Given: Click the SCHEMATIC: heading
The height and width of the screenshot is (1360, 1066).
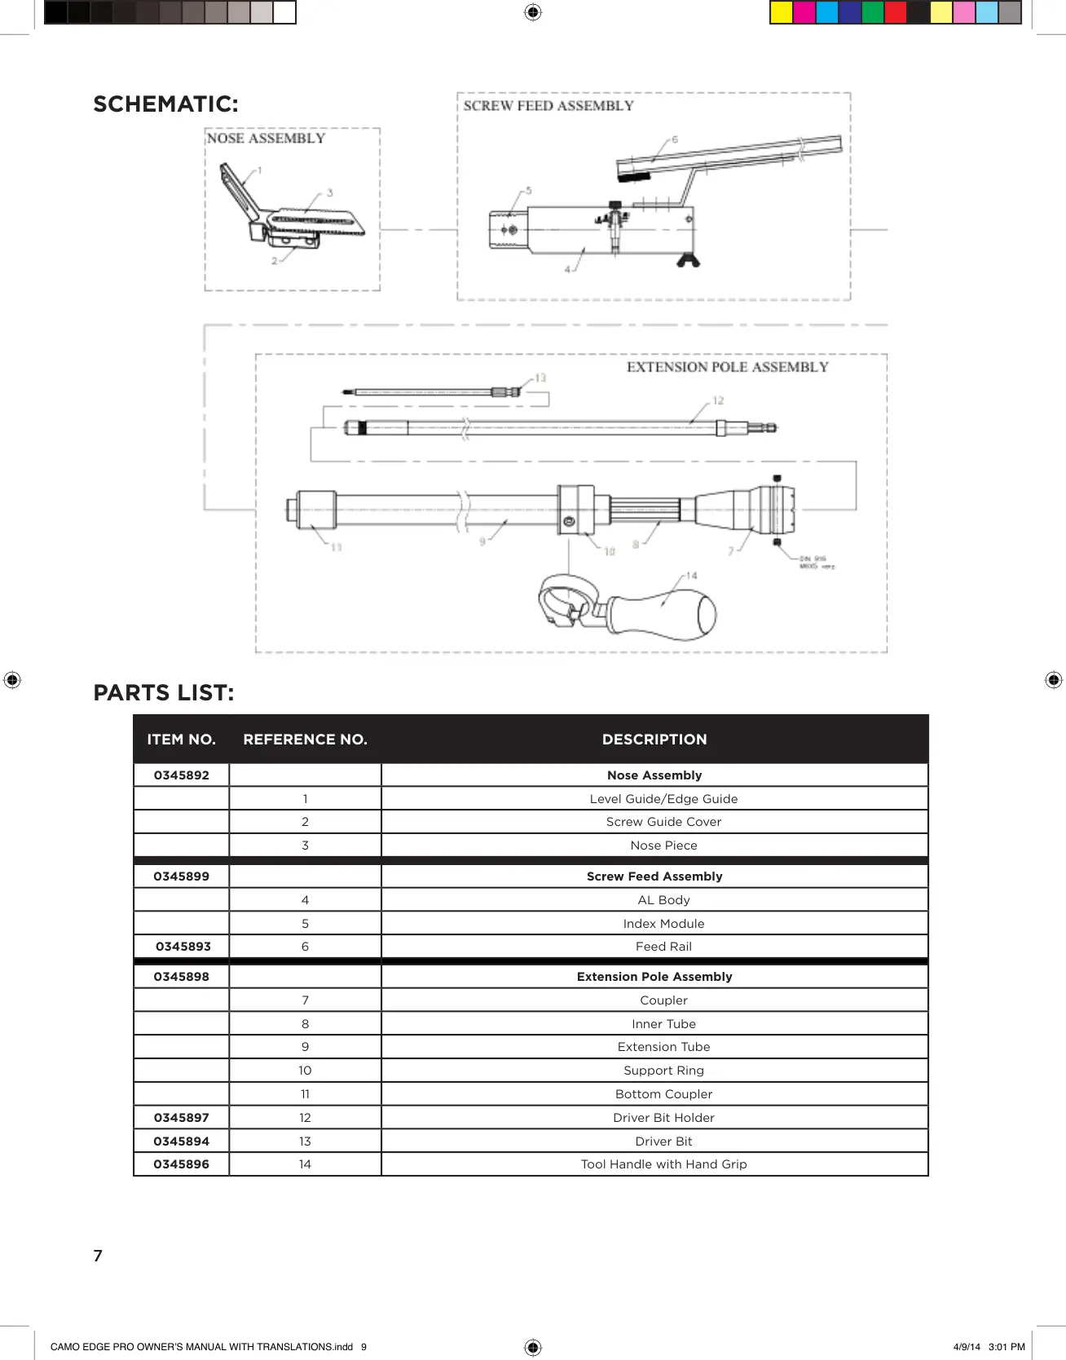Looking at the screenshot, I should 165,104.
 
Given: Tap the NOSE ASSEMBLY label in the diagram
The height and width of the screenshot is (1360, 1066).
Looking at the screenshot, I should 266,139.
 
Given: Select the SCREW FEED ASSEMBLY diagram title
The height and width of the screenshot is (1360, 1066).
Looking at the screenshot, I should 548,106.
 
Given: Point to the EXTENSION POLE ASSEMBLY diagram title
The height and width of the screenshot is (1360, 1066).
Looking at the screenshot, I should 727,368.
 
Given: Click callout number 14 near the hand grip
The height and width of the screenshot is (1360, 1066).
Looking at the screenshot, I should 691,576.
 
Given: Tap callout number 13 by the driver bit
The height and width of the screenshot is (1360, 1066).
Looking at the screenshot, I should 540,378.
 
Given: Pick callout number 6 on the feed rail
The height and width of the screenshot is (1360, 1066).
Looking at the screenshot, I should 675,140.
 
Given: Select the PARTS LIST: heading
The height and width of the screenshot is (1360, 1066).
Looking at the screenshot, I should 164,693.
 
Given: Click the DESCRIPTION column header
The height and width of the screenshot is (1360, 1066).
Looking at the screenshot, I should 654,740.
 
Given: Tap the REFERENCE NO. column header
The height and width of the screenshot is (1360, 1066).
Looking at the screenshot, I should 305,740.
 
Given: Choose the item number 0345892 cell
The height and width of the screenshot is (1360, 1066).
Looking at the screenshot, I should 182,775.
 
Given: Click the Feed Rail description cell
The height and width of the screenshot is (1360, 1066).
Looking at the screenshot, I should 663,947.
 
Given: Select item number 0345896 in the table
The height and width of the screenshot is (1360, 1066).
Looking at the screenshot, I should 182,1164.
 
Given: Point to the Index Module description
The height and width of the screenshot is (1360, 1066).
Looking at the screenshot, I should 663,924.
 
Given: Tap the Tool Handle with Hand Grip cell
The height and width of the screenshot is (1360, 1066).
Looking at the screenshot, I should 663,1164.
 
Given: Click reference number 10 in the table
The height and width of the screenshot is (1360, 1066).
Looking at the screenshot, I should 305,1071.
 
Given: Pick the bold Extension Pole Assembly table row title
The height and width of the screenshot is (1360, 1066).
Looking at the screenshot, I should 654,977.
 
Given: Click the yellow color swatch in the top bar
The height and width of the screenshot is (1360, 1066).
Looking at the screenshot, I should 781,12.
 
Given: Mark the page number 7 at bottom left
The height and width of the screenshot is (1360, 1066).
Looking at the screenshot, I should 98,1256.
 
